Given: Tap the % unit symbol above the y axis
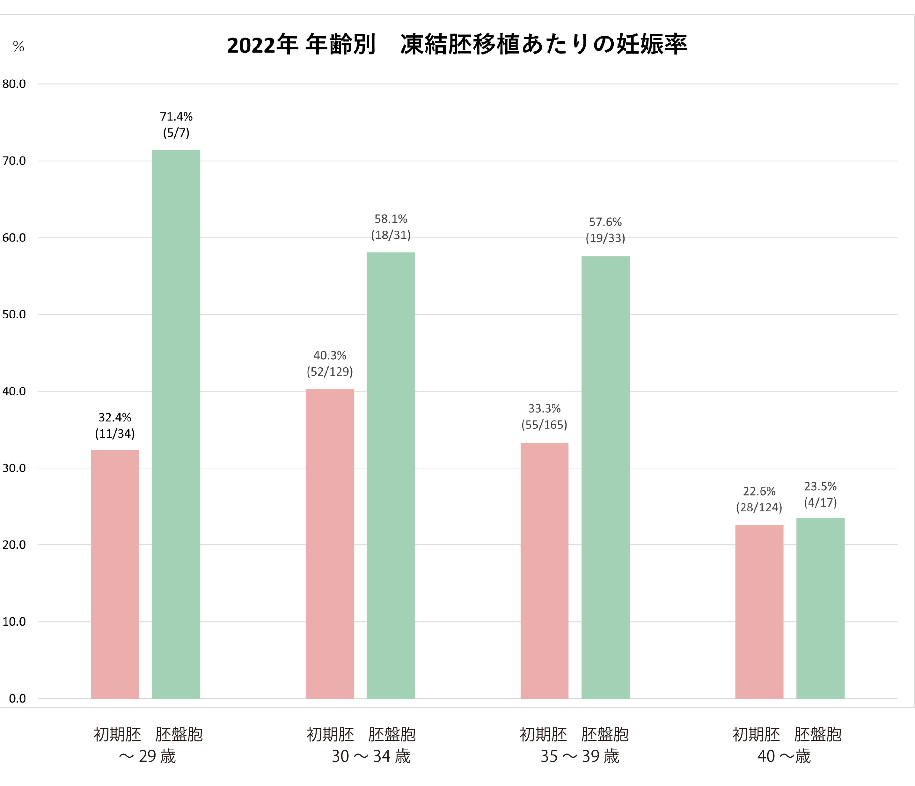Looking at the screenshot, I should pos(18,46).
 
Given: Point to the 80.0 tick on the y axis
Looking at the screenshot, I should pos(14,84).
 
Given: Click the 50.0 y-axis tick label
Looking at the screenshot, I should pos(14,314).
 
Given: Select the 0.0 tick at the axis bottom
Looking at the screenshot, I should pos(17,698).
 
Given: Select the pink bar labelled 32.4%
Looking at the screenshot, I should pos(115,574).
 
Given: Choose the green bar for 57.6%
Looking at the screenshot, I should pos(605,477).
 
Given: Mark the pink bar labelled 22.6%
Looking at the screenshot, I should pos(759,611).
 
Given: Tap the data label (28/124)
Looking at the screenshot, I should pos(759,508).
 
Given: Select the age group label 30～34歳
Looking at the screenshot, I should pos(371,756).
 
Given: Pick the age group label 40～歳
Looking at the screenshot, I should pos(784,756).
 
